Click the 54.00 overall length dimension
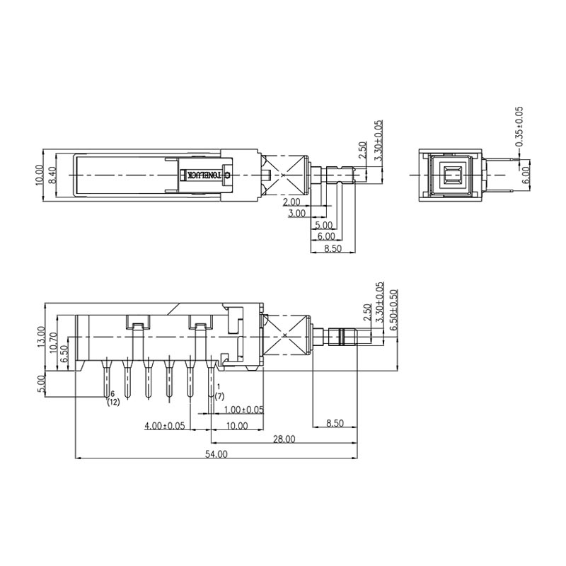[216, 454]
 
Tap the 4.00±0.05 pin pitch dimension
[164, 426]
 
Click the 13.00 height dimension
[42, 337]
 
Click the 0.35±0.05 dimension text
[519, 127]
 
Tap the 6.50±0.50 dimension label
[394, 308]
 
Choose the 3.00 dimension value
[297, 213]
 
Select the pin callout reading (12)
[113, 403]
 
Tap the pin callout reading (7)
[219, 397]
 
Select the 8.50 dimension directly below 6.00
[332, 248]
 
